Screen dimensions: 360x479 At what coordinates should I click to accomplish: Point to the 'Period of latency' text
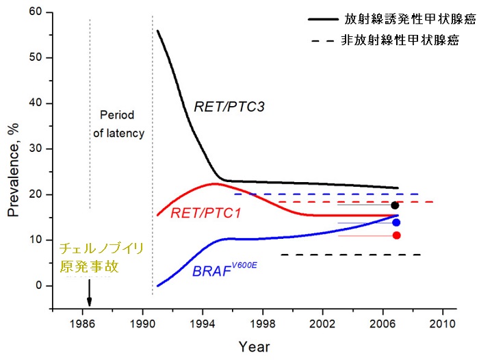118,124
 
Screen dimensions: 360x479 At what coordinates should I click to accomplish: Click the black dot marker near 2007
395,205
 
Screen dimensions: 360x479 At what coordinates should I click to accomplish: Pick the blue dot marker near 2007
396,222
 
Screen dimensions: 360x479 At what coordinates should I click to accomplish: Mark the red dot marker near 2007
397,235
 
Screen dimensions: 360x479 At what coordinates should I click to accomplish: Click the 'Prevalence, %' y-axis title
14,164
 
